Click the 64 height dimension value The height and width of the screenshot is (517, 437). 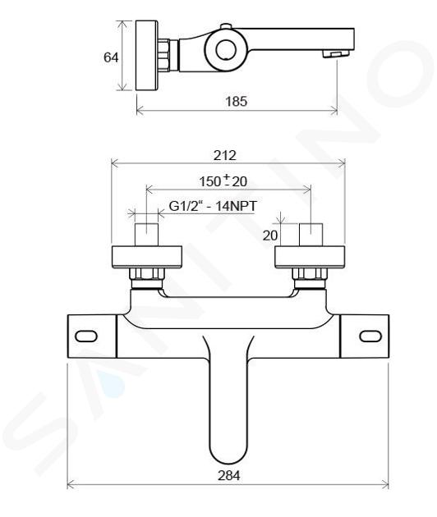[x=111, y=57]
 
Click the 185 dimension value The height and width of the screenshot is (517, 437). [x=236, y=101]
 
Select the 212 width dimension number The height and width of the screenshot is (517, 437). [x=225, y=155]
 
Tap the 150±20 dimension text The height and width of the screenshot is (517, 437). [x=223, y=181]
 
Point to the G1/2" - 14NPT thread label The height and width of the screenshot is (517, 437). [x=213, y=206]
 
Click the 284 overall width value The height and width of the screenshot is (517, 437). [x=228, y=475]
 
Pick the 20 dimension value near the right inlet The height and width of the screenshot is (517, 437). [x=270, y=236]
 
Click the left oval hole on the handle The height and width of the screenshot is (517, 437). [x=86, y=336]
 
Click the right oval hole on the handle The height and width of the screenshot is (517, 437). [x=370, y=336]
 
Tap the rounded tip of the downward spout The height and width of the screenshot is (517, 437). [x=228, y=457]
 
